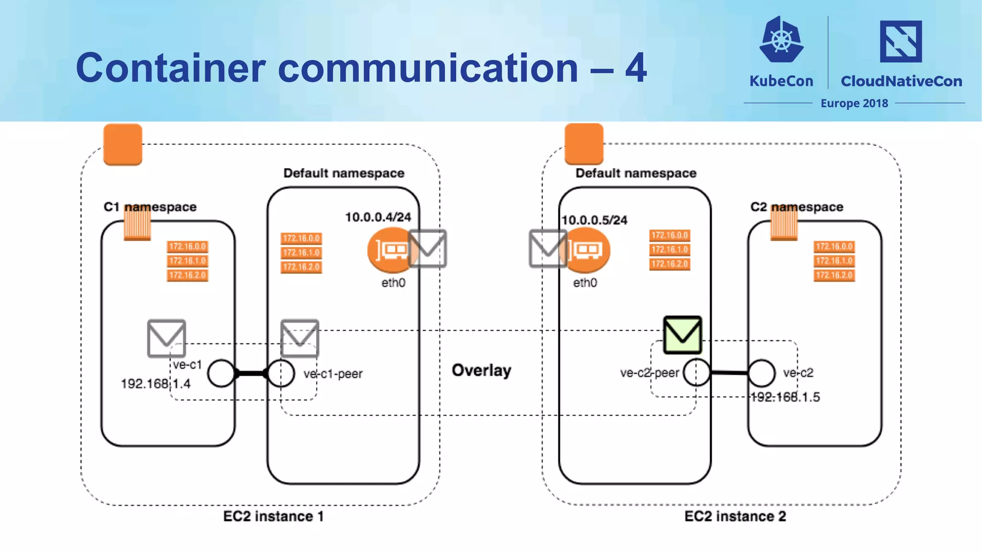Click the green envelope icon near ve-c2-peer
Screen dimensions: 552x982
(682, 335)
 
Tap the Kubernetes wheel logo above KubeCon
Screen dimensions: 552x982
(782, 40)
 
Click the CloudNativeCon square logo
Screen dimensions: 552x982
(900, 41)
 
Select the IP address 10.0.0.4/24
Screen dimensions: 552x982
(378, 217)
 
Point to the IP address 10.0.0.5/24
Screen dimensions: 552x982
(594, 220)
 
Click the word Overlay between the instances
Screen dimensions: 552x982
(481, 370)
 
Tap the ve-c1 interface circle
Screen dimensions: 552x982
(221, 373)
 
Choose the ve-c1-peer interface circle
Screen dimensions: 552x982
(281, 373)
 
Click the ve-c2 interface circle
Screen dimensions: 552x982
(761, 373)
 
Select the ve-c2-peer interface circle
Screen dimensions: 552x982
(696, 372)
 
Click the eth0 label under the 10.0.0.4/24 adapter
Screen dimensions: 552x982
(393, 283)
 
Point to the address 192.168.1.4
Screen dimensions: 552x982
(155, 384)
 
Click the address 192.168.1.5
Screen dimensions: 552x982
(785, 397)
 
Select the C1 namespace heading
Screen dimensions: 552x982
(150, 207)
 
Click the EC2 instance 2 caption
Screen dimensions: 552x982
(735, 516)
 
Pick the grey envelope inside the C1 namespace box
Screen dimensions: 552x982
(166, 338)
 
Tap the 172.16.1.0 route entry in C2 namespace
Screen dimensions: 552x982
(834, 261)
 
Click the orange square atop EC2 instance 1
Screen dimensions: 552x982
(123, 144)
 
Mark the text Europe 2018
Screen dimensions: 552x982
(854, 103)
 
